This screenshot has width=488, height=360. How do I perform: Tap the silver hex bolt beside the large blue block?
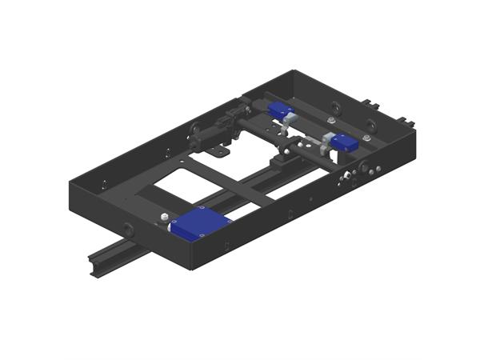[165, 217]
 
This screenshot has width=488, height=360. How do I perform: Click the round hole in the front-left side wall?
[129, 229]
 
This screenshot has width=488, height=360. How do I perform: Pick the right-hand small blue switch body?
[345, 143]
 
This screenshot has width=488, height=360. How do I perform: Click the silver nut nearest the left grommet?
[331, 121]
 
